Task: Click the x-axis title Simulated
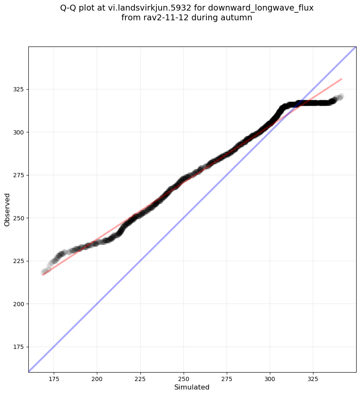click(192, 387)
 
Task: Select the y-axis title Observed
click(7, 209)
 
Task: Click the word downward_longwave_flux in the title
click(261, 8)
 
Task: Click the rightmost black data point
click(341, 96)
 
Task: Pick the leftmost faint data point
click(44, 272)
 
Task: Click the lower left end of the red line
click(43, 275)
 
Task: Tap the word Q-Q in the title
click(69, 8)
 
